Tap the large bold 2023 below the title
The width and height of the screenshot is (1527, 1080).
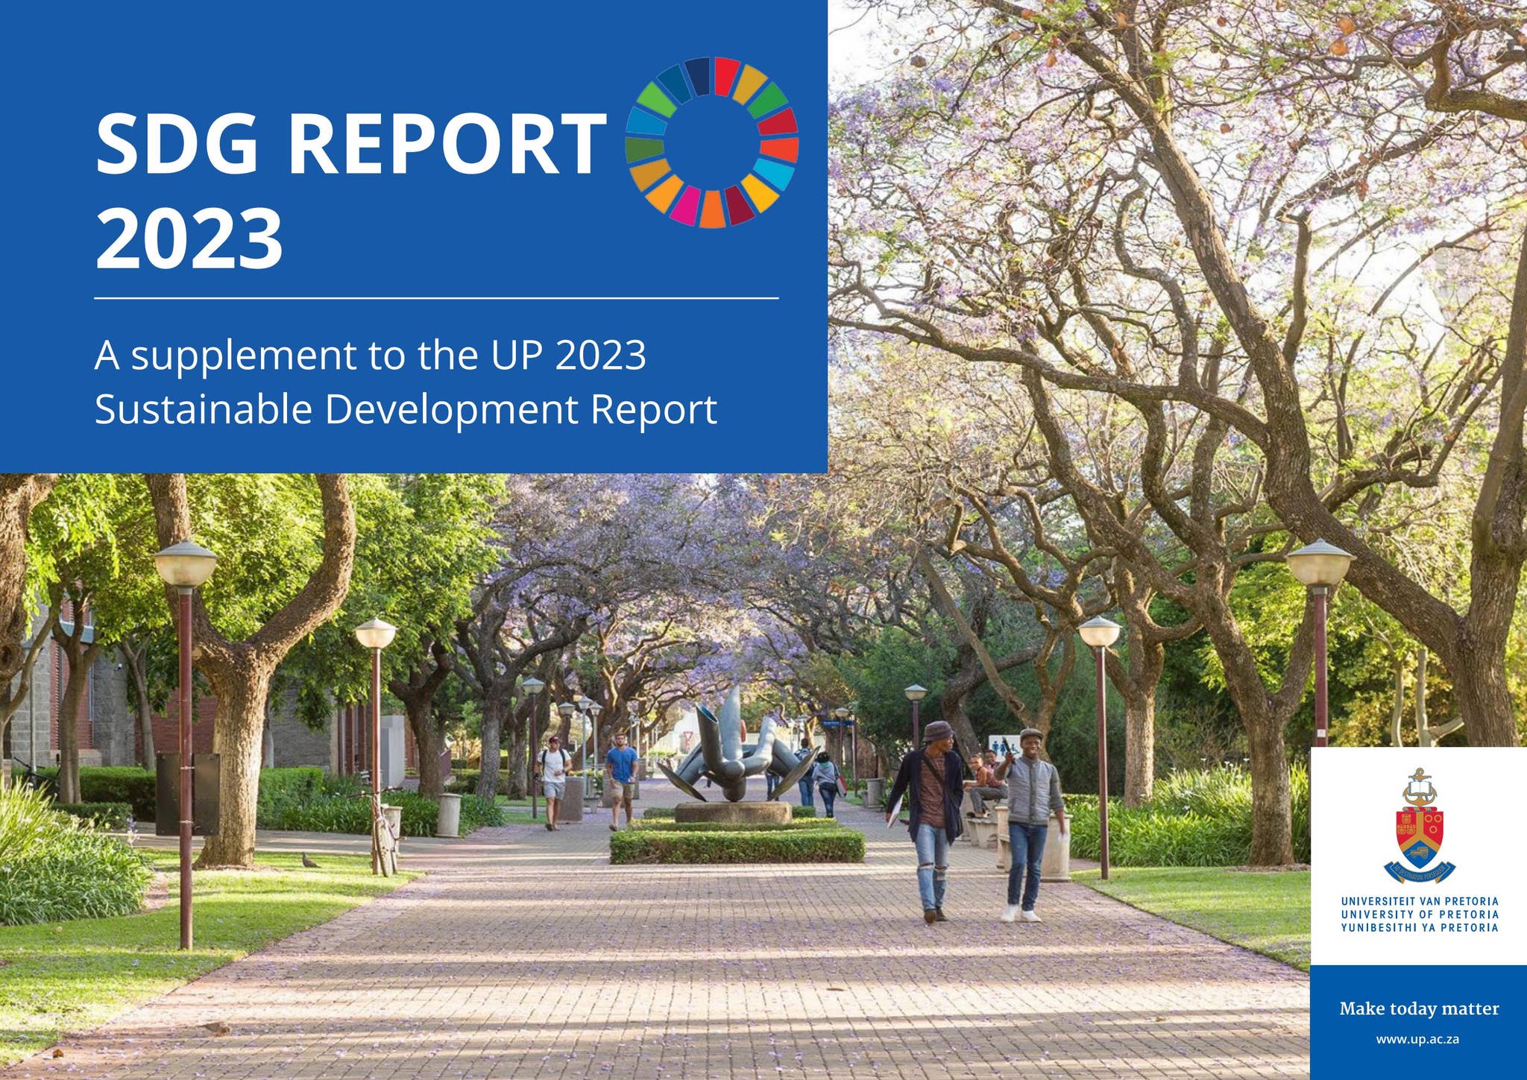point(189,239)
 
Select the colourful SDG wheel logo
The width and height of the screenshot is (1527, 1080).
point(711,142)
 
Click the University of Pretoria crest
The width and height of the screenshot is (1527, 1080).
point(1420,827)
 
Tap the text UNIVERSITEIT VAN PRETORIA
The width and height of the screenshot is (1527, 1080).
point(1420,901)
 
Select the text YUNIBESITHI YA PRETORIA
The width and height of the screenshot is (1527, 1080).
point(1420,928)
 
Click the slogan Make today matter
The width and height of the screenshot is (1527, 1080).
point(1419,1008)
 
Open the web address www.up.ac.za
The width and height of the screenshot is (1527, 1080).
point(1417,1039)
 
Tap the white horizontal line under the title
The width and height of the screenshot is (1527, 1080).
point(436,298)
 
